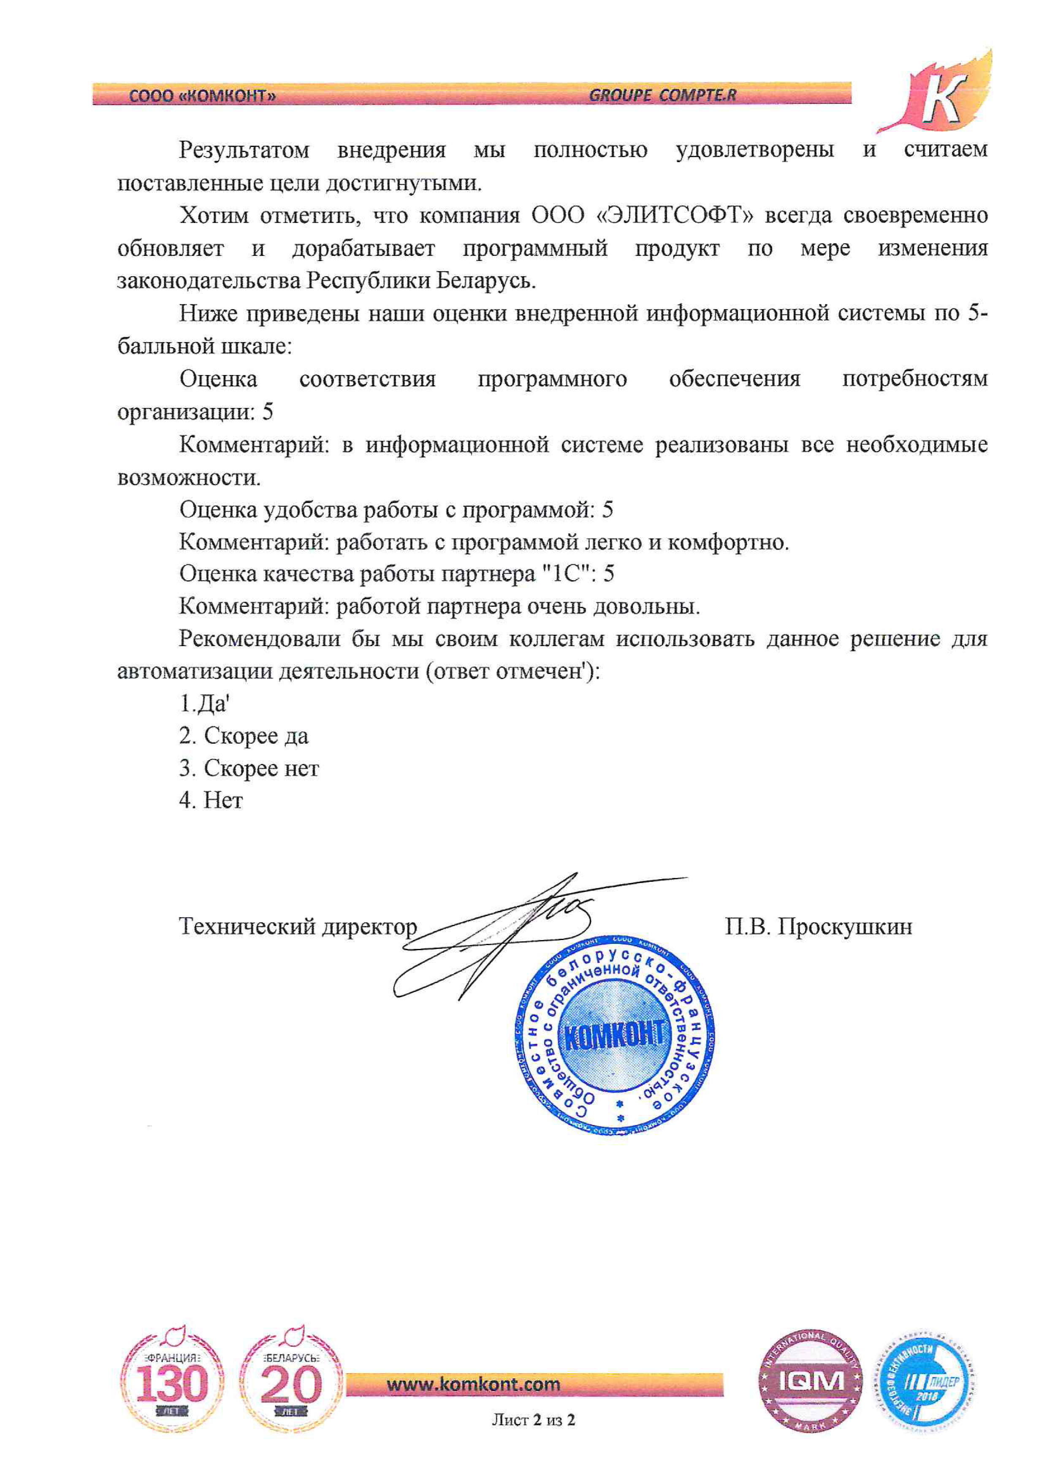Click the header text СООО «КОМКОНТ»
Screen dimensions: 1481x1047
(x=203, y=96)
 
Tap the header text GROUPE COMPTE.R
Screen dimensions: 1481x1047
(x=662, y=95)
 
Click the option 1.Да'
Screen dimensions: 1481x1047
(x=204, y=703)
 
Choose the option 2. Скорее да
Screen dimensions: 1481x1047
(x=244, y=735)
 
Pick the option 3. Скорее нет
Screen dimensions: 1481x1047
(x=249, y=768)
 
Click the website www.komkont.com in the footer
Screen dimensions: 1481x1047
(x=473, y=1384)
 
